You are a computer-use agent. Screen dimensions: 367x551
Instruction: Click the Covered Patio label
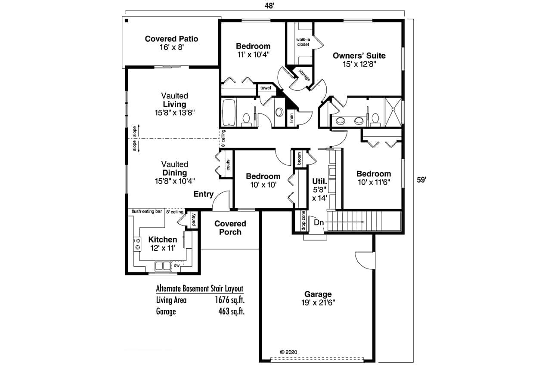[x=171, y=39]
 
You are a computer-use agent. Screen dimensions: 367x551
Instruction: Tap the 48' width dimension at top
[x=269, y=5]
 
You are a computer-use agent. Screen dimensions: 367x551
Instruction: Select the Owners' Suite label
[x=359, y=56]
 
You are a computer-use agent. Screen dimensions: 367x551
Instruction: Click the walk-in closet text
[x=303, y=42]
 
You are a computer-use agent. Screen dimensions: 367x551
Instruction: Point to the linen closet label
[x=291, y=117]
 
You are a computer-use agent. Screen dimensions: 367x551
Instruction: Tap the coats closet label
[x=227, y=165]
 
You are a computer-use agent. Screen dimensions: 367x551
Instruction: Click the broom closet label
[x=299, y=159]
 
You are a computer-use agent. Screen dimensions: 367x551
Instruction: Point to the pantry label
[x=194, y=220]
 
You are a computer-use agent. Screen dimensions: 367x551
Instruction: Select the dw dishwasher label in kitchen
[x=176, y=265]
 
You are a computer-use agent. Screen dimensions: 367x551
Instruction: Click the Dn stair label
[x=319, y=222]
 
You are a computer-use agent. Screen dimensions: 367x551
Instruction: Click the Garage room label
[x=318, y=294]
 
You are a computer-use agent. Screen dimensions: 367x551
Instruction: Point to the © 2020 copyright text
[x=288, y=352]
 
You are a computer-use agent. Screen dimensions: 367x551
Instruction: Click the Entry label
[x=203, y=194]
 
